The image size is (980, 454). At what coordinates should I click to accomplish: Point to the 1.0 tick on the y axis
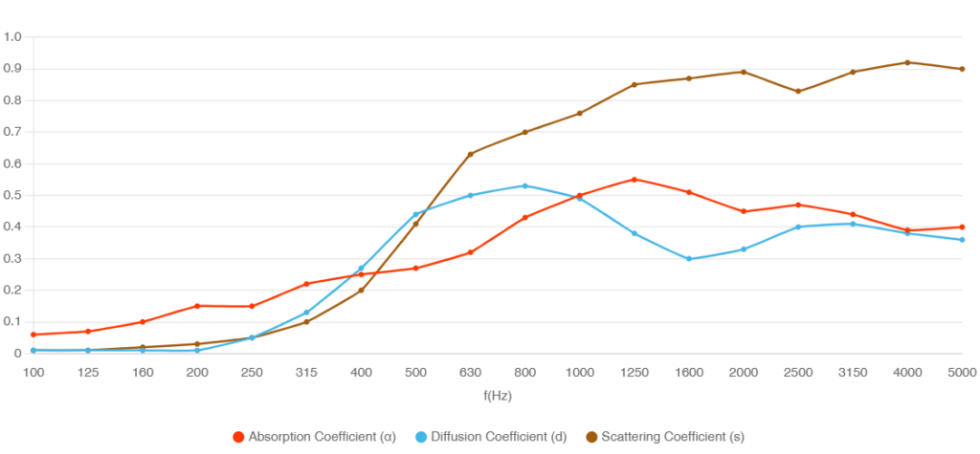13,36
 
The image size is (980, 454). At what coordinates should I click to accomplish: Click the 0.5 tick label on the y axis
13,195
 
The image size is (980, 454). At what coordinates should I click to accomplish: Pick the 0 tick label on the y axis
18,354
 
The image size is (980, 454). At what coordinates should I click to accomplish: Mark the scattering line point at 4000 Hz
907,62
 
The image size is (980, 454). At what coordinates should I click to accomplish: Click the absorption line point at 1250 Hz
634,179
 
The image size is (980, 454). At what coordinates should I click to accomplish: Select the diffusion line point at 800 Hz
524,185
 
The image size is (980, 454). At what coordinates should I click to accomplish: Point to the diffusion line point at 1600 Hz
689,258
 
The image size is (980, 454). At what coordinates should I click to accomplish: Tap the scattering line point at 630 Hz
470,154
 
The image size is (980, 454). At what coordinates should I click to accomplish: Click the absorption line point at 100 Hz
33,335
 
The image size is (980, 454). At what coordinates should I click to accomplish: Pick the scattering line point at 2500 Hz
798,91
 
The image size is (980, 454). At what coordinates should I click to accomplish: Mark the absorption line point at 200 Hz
197,306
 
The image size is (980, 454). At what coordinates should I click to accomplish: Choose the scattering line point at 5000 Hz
962,69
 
